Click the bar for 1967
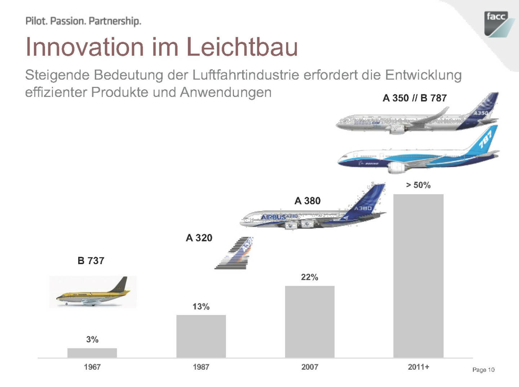(x=92, y=353)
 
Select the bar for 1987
(x=201, y=336)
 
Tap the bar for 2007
(x=310, y=321)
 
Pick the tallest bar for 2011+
(x=418, y=276)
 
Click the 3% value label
(x=92, y=339)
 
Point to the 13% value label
(x=201, y=307)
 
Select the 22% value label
(x=310, y=277)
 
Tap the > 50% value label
(x=418, y=185)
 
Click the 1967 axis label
(x=92, y=367)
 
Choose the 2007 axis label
(x=310, y=367)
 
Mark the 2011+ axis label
(x=418, y=367)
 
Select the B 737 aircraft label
(x=91, y=261)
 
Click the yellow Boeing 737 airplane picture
(x=93, y=292)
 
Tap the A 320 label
(x=199, y=238)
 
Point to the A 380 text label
(x=307, y=201)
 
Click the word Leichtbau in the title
(x=242, y=47)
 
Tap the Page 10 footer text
(x=483, y=370)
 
